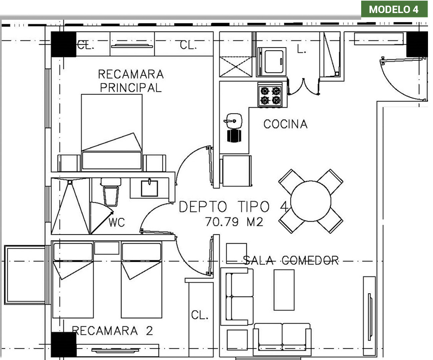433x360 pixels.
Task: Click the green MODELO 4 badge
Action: click(394, 9)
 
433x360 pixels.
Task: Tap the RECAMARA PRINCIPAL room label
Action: click(131, 81)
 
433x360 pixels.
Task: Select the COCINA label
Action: click(285, 124)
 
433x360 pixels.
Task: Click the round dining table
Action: click(310, 201)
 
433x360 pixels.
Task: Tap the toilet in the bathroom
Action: click(111, 192)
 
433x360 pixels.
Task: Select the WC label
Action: click(117, 222)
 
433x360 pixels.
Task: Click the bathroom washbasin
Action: click(149, 188)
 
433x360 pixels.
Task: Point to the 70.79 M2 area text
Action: click(234, 222)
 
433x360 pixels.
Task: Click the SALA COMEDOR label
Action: click(291, 260)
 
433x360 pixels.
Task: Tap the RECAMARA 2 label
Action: click(112, 331)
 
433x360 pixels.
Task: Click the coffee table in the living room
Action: click(284, 290)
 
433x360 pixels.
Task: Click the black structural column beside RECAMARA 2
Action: click(64, 344)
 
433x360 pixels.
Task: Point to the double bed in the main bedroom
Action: click(112, 133)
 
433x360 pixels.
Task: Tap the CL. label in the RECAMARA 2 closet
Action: click(199, 315)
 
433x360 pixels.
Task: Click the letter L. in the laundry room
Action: click(301, 49)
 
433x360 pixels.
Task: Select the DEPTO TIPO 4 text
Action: click(234, 207)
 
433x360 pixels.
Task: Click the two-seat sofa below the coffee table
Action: click(282, 340)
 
